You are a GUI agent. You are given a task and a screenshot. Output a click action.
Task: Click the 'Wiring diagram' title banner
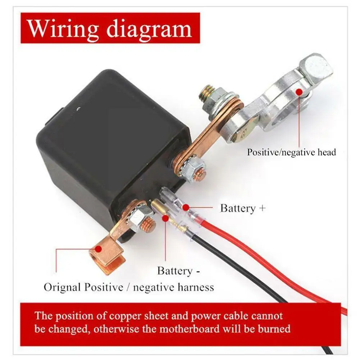click(110, 28)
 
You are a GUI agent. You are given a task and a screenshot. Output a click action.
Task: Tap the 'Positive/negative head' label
click(291, 152)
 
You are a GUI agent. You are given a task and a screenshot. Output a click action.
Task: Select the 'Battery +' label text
click(243, 208)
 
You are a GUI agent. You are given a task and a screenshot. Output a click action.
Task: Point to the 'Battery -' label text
click(178, 271)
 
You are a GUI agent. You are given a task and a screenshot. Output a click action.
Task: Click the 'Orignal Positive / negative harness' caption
click(129, 287)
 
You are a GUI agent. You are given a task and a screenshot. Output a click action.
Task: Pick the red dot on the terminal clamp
click(299, 92)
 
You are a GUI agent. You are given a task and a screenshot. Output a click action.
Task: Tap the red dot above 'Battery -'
click(165, 218)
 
